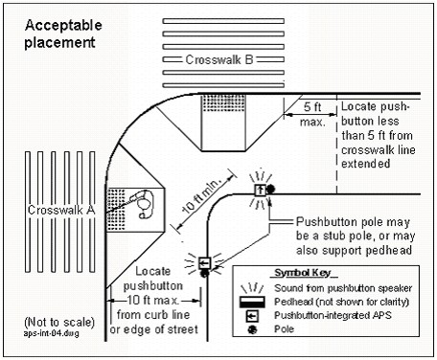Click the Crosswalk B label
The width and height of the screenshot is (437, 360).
click(219, 59)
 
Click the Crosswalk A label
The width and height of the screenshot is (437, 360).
click(61, 210)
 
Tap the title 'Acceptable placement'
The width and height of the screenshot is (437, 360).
click(63, 34)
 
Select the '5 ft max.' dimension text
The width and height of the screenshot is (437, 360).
click(312, 114)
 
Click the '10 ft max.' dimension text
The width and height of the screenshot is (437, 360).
click(152, 301)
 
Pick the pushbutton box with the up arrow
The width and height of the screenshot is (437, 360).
click(260, 191)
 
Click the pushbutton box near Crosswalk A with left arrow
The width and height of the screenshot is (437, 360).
click(204, 263)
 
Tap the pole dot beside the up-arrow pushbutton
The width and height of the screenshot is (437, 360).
click(270, 190)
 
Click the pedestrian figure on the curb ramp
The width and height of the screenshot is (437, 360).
click(145, 204)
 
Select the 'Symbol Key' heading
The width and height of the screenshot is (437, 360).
click(306, 273)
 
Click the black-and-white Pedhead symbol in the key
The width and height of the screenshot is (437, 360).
click(252, 302)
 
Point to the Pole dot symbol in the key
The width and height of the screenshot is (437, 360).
click(252, 329)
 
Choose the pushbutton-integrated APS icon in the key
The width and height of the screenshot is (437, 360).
click(252, 316)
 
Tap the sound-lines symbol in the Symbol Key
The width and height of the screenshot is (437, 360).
click(252, 288)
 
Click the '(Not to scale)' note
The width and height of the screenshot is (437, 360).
click(59, 322)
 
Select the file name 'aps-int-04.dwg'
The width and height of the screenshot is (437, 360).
click(51, 334)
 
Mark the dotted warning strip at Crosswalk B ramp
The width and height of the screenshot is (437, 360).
click(223, 102)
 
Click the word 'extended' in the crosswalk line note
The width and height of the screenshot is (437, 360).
click(366, 164)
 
